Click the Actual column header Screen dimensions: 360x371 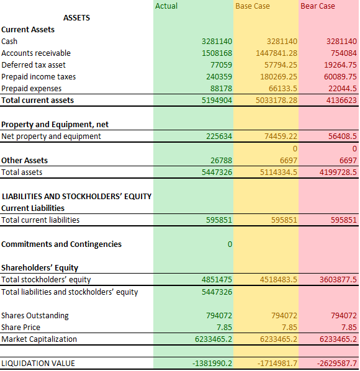coord(166,6)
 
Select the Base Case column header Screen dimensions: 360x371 coord(253,6)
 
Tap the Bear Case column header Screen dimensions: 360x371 coord(318,6)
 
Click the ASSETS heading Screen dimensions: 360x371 coord(77,18)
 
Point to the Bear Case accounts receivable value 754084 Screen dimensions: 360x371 coord(344,53)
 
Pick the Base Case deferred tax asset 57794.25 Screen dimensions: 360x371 coord(281,65)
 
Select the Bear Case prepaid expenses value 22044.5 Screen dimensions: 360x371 coord(342,89)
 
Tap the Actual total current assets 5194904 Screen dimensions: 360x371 coord(217,101)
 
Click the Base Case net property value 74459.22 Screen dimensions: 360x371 coord(281,136)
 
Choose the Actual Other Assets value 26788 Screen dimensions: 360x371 coord(222,161)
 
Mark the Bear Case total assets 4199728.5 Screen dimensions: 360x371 coord(338,172)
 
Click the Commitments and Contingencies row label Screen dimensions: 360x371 coord(61,244)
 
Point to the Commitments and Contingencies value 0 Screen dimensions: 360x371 coord(230,244)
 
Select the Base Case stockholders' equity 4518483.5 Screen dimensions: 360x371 coord(279,280)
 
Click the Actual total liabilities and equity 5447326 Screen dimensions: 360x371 coord(217,292)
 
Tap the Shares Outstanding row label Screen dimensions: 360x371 coord(35,316)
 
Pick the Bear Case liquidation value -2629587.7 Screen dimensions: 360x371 coord(337,363)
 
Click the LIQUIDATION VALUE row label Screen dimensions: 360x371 coord(38,363)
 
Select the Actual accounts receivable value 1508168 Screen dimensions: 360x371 coord(217,53)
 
